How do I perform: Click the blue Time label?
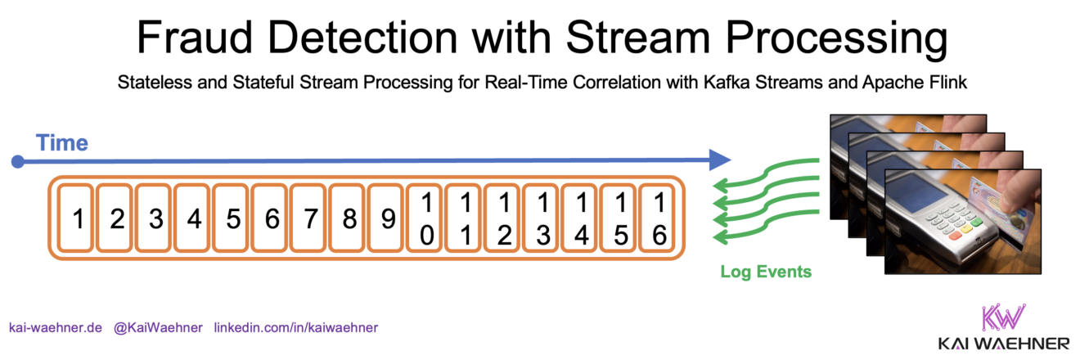pos(62,144)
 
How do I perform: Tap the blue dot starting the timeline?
pos(17,162)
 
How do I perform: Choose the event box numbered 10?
pos(426,218)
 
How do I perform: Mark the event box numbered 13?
pos(542,218)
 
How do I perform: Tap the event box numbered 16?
pos(659,218)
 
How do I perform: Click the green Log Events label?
pos(766,272)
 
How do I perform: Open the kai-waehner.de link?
pos(55,327)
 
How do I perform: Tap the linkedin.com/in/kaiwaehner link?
pos(295,327)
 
